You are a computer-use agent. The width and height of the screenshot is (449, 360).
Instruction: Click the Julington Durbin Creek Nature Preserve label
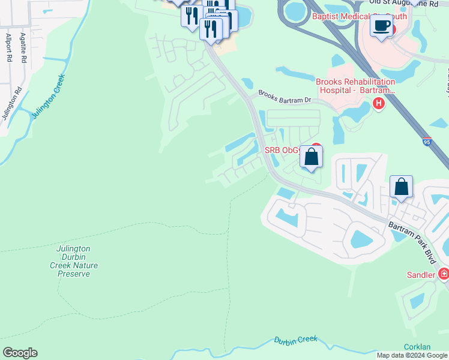tap(77, 261)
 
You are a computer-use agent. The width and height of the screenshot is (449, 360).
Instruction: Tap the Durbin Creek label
tap(295, 340)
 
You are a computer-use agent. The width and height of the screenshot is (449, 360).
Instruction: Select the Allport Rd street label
tap(9, 49)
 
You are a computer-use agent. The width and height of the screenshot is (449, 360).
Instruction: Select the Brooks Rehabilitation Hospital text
tap(355, 86)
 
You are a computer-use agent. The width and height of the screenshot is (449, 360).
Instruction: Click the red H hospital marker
tap(378, 104)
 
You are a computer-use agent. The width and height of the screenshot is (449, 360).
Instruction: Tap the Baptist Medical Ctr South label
tap(359, 17)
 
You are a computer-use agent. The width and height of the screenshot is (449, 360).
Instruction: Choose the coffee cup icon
tap(381, 26)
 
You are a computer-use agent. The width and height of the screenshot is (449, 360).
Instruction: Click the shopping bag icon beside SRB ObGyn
tap(311, 157)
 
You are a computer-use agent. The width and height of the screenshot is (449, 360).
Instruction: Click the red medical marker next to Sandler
tap(444, 274)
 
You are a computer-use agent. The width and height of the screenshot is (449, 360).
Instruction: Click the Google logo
tap(20, 353)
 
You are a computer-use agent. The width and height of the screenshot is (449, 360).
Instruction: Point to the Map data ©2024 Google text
tap(412, 355)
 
